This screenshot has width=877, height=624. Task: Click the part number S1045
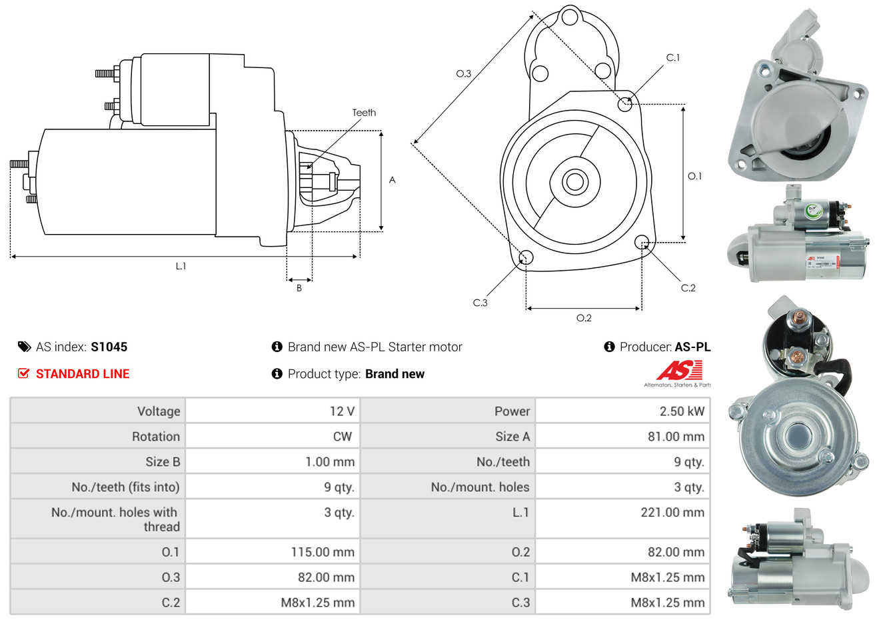[x=109, y=347]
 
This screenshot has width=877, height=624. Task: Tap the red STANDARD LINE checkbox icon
[x=23, y=373]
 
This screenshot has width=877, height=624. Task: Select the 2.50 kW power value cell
[x=682, y=411]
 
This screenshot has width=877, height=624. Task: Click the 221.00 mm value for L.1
[x=672, y=512]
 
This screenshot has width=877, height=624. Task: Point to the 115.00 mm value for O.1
[x=323, y=552]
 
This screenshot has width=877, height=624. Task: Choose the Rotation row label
[x=156, y=436]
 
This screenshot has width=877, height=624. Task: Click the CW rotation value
[x=342, y=436]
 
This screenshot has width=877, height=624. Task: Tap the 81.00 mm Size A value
[x=676, y=436]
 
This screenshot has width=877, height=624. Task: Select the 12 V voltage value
[x=342, y=411]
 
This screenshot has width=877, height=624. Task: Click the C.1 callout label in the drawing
[x=673, y=57]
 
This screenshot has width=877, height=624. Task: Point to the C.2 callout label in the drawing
[x=688, y=288]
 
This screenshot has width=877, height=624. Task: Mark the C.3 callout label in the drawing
[x=480, y=303]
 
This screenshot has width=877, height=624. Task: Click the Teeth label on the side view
[x=364, y=113]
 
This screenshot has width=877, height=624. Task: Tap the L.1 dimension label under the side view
[x=181, y=266]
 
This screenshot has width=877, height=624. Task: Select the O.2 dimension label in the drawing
[x=584, y=318]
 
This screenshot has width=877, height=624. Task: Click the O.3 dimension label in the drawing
[x=463, y=73]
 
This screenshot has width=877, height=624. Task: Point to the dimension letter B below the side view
[x=299, y=288]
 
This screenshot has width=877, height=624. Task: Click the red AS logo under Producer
[x=679, y=371]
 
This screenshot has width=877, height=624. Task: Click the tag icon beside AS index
[x=24, y=347]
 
